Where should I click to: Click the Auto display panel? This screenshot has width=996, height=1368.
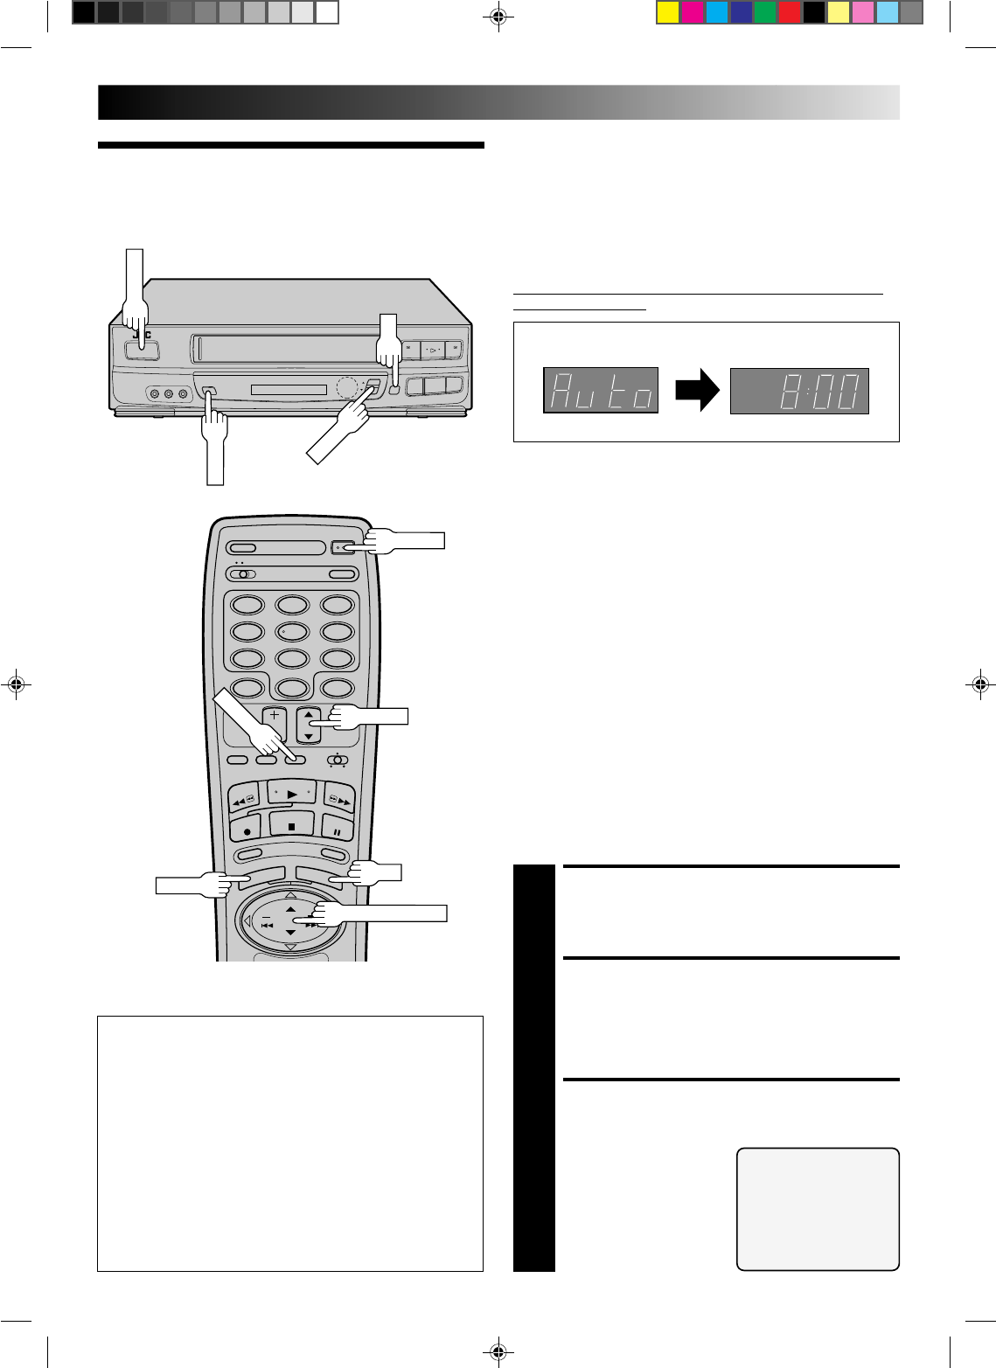click(601, 391)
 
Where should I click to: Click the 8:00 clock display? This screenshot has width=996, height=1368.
click(799, 391)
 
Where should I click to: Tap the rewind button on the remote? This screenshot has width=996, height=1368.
click(243, 797)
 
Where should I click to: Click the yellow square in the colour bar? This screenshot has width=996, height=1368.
click(667, 12)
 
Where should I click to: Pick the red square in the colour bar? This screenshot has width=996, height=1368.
click(790, 12)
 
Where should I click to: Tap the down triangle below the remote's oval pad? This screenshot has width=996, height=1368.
click(291, 947)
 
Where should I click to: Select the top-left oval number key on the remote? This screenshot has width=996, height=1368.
click(246, 604)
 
